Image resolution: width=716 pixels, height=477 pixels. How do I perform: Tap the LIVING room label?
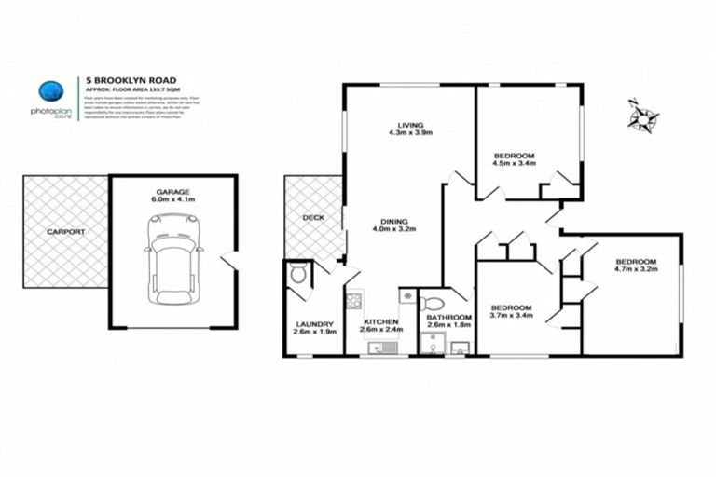click(x=410, y=125)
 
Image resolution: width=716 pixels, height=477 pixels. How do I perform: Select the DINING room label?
click(x=393, y=221)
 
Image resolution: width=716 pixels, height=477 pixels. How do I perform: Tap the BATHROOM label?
click(x=447, y=317)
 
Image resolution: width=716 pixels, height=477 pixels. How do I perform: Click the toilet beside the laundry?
click(x=296, y=274)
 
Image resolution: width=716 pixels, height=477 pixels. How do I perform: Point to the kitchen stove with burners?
click(x=354, y=300)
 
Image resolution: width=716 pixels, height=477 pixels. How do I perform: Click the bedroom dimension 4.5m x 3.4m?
click(x=514, y=164)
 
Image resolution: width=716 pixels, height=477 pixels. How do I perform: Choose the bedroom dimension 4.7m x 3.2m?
click(x=637, y=271)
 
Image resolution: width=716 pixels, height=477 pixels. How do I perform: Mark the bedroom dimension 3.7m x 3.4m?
click(x=512, y=317)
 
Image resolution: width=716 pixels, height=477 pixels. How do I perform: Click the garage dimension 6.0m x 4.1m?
click(x=172, y=198)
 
